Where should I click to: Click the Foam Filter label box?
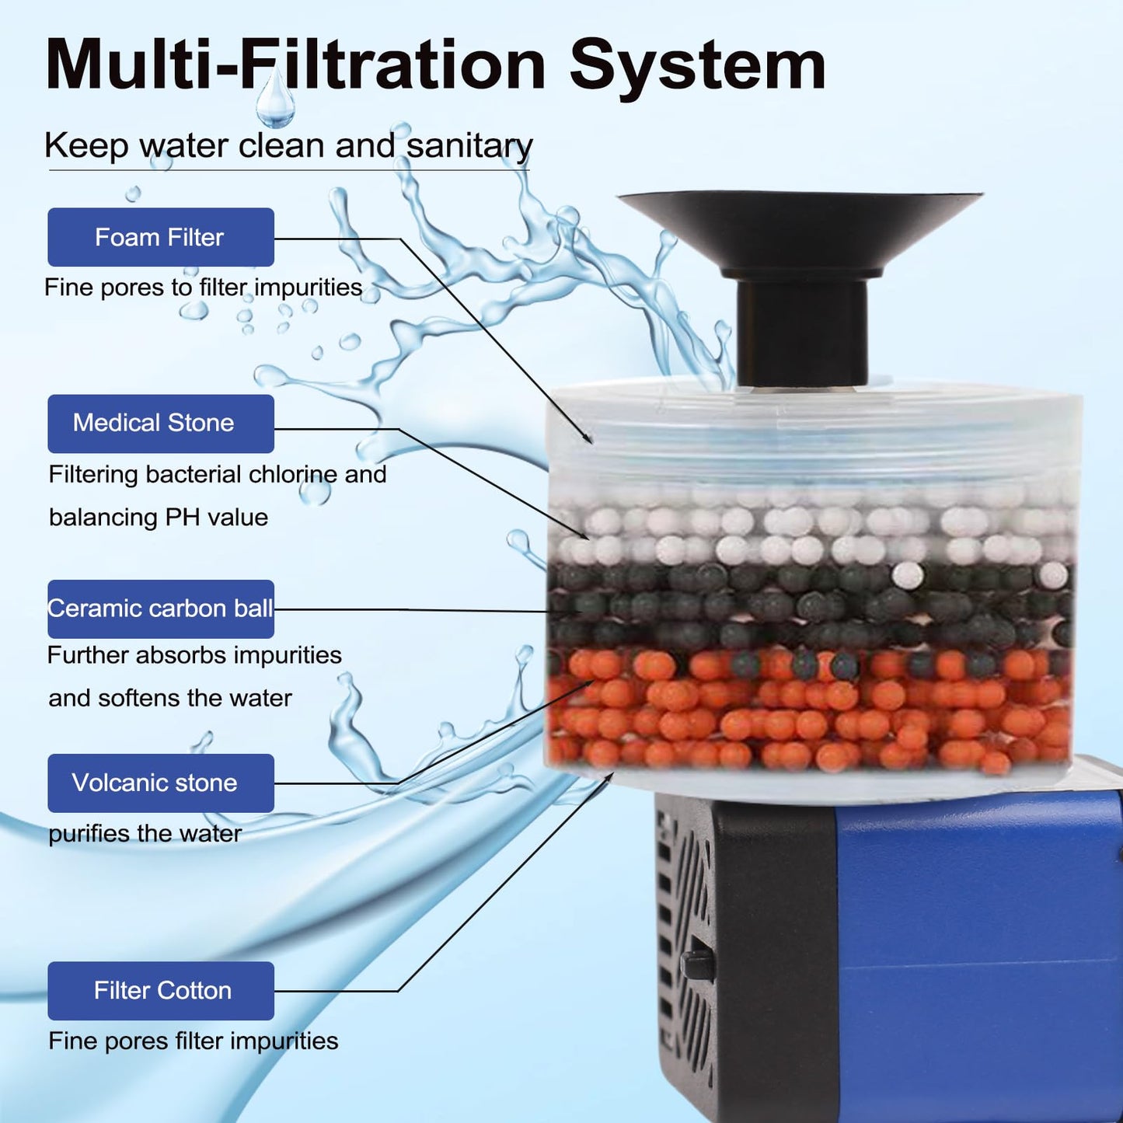coord(161,237)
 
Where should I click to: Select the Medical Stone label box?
coord(161,424)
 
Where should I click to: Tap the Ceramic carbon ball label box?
coord(161,609)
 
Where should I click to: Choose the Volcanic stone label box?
coord(161,783)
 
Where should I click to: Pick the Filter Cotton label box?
coord(161,991)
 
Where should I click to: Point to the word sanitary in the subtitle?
coord(469,146)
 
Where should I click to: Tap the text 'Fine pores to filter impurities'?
coord(204,288)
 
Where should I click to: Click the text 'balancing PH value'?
coord(159,518)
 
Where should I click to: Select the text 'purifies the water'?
coord(145,834)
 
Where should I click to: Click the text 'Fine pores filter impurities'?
coord(194,1041)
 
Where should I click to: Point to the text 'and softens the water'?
coord(170,698)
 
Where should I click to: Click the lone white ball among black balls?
coord(908,575)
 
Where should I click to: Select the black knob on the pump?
coord(697,964)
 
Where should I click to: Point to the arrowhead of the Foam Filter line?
coord(589,439)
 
